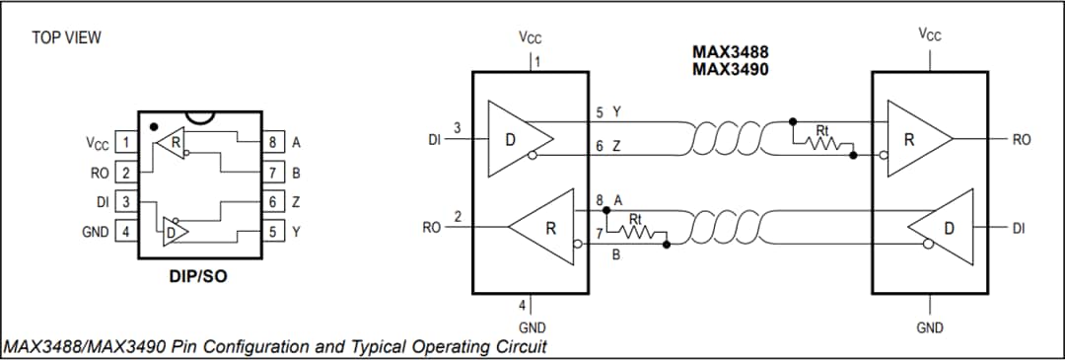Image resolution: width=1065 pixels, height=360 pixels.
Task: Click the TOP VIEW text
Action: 66,38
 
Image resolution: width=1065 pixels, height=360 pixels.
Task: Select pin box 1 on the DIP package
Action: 125,142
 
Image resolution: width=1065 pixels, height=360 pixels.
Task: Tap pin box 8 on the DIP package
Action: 273,142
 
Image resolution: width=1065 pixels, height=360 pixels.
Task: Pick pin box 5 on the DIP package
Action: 273,233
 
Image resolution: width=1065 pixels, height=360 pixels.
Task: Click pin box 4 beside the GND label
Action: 125,233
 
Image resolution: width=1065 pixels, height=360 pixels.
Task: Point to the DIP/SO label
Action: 198,276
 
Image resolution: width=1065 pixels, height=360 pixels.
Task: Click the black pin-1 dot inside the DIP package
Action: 153,127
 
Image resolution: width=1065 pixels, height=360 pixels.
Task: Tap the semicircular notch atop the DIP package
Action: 199,117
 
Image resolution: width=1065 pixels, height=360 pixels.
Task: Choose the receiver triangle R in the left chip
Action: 542,227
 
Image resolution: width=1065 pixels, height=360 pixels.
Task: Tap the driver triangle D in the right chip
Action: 942,227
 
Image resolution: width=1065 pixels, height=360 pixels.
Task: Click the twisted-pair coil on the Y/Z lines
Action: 730,139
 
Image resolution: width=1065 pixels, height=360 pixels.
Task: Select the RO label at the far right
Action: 1021,140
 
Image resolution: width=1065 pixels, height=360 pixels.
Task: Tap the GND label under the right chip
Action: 929,327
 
